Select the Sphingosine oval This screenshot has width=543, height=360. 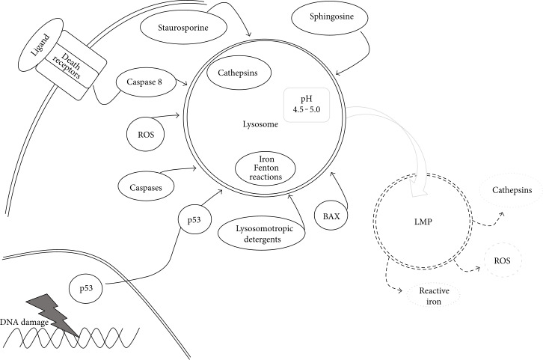click(331, 17)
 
